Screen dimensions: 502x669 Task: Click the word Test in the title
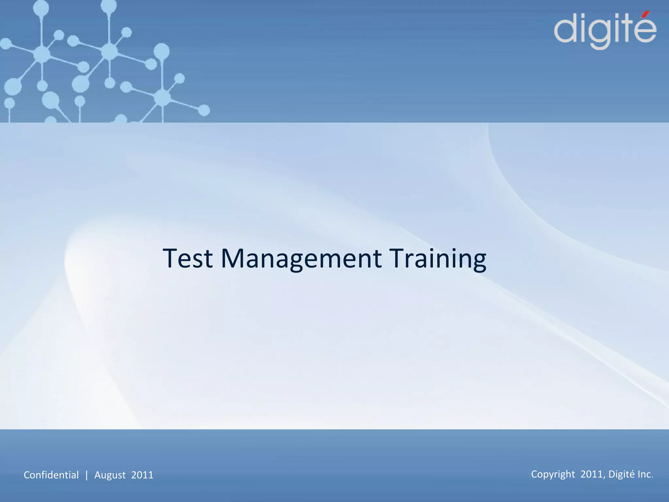pyautogui.click(x=188, y=259)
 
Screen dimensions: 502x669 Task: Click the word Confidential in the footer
pyautogui.click(x=51, y=475)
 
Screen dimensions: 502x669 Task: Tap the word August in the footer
pyautogui.click(x=110, y=475)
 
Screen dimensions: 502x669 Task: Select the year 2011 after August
pyautogui.click(x=142, y=475)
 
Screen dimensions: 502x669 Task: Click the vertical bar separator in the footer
pyautogui.click(x=87, y=475)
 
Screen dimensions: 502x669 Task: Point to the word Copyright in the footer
pyautogui.click(x=553, y=474)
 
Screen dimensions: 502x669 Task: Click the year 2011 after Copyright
pyautogui.click(x=593, y=474)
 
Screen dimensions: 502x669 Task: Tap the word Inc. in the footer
pyautogui.click(x=645, y=474)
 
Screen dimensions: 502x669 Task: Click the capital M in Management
pyautogui.click(x=233, y=259)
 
